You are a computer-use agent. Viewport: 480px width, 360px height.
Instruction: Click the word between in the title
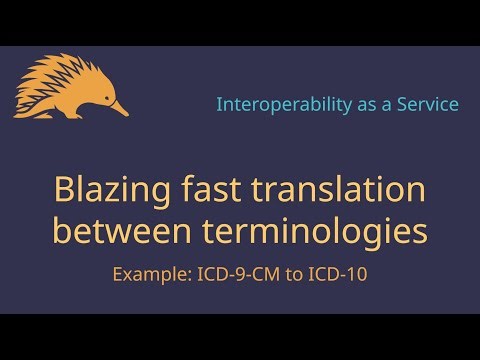(x=122, y=232)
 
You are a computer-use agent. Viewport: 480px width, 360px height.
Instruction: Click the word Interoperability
(x=279, y=104)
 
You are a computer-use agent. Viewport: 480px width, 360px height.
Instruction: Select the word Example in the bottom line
(x=146, y=273)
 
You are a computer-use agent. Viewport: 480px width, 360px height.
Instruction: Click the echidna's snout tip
(x=127, y=113)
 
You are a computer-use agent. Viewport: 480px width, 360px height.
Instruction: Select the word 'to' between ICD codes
(x=289, y=273)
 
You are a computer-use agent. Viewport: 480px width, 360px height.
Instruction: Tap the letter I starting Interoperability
(x=220, y=104)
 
